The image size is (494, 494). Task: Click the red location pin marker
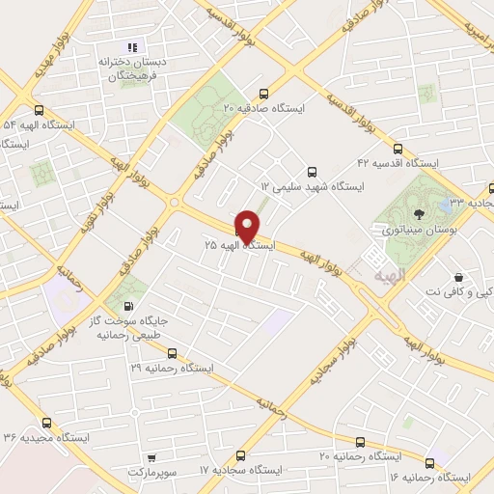(x=248, y=226)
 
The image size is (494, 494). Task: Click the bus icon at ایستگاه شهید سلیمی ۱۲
(x=311, y=170)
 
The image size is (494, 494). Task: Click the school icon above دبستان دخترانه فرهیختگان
(x=134, y=46)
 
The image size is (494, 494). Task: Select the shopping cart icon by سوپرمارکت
(x=151, y=457)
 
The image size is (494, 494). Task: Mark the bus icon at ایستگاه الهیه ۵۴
(x=39, y=110)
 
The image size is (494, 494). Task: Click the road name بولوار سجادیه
(x=328, y=354)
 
